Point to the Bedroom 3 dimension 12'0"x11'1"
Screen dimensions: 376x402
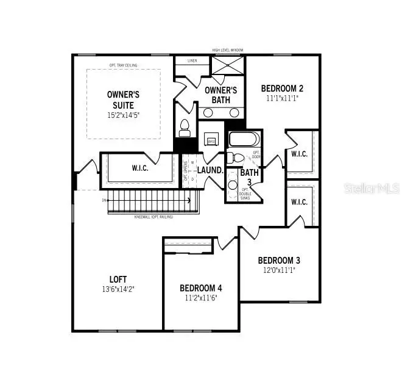click(279, 269)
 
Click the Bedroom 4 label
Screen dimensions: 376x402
click(201, 287)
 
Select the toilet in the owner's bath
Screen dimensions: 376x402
click(185, 128)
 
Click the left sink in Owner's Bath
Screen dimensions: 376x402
click(208, 113)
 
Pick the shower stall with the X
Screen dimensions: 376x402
click(227, 65)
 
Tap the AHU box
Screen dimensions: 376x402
click(212, 141)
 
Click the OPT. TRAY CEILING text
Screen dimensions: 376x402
click(124, 65)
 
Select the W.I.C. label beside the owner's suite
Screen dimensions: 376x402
click(141, 168)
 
